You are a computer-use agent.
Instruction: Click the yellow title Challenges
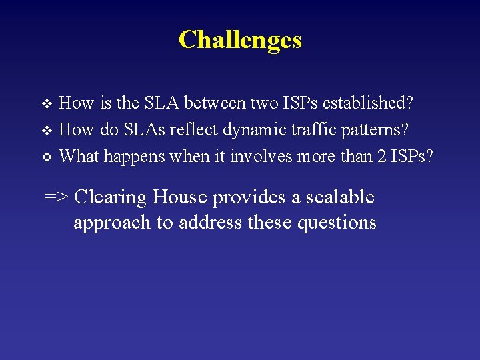tap(240, 39)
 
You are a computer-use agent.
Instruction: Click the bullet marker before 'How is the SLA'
tap(46, 105)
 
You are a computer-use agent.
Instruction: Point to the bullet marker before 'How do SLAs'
tap(46, 131)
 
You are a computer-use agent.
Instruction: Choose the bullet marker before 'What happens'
tap(46, 157)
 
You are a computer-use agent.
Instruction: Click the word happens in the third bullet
tap(134, 156)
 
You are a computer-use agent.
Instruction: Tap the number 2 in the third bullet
tap(381, 156)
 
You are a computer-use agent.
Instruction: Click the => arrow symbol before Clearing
tap(57, 197)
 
